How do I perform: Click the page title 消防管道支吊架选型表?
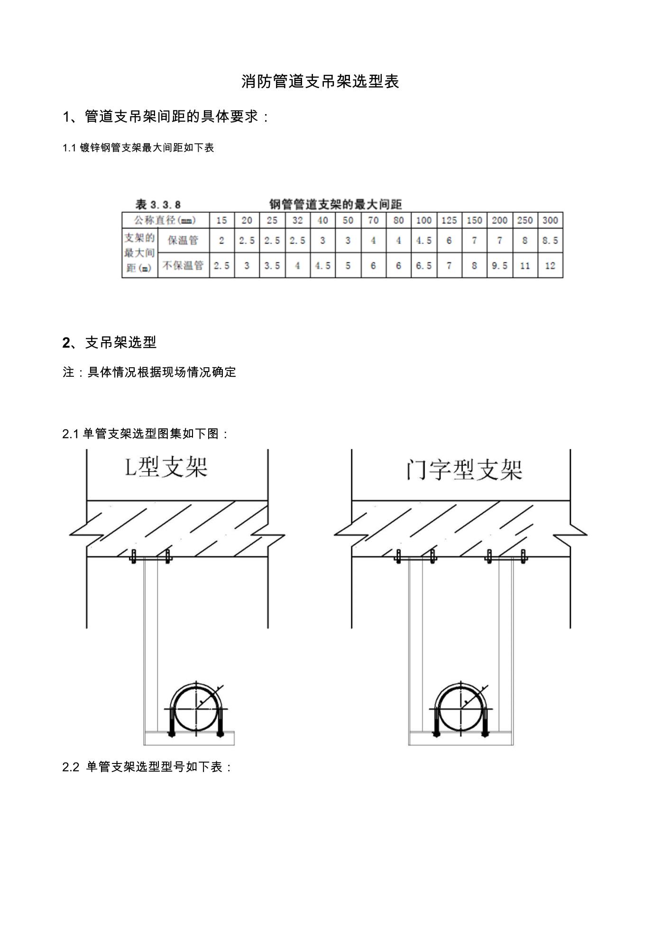pyautogui.click(x=321, y=82)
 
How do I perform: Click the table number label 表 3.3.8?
pyautogui.click(x=158, y=205)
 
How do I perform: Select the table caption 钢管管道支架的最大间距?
pyautogui.click(x=336, y=204)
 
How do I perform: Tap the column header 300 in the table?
pyautogui.click(x=550, y=220)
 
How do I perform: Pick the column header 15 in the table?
pyautogui.click(x=221, y=220)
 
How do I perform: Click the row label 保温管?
pyautogui.click(x=183, y=240)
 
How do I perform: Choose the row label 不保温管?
pyautogui.click(x=183, y=265)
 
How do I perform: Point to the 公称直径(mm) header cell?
pyautogui.click(x=165, y=220)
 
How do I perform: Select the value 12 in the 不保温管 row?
pyautogui.click(x=550, y=266)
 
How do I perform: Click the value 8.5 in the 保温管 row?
pyautogui.click(x=550, y=241)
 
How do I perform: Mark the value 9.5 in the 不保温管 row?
pyautogui.click(x=499, y=266)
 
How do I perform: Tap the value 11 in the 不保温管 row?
pyautogui.click(x=524, y=266)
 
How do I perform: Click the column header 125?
pyautogui.click(x=449, y=220)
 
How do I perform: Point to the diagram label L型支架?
pyautogui.click(x=166, y=467)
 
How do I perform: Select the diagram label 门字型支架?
pyautogui.click(x=464, y=469)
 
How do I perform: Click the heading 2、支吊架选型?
pyautogui.click(x=110, y=342)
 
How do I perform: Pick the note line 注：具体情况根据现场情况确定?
pyautogui.click(x=149, y=372)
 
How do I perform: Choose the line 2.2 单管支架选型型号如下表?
pyautogui.click(x=147, y=767)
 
